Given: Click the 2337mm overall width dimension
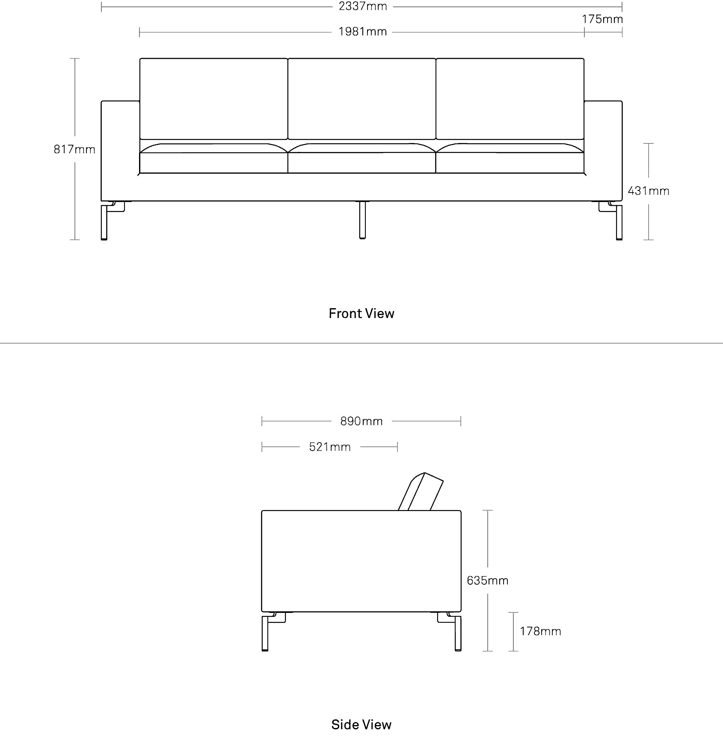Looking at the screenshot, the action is (x=363, y=6).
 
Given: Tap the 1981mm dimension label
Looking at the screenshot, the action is (x=363, y=32).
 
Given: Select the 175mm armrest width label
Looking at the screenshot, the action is (x=602, y=19).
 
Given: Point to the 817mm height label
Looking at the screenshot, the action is (x=74, y=149).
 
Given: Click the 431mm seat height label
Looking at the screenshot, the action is (x=649, y=190).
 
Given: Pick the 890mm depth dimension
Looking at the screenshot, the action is (x=361, y=421).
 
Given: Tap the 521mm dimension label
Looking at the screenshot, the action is (x=330, y=447).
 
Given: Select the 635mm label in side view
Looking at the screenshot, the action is (x=488, y=580).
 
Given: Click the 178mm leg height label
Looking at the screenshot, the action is (x=540, y=631).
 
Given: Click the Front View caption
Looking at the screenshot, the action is (x=361, y=313).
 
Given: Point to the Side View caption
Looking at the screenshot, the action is (x=361, y=725).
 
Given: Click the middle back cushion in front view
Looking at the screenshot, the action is (x=362, y=99).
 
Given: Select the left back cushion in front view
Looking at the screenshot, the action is (x=214, y=99).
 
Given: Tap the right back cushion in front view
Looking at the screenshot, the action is (x=510, y=99).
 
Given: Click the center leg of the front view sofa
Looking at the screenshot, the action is (x=362, y=220).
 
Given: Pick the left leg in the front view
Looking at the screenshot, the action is (x=104, y=222).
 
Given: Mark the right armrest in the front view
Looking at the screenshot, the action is (x=603, y=151).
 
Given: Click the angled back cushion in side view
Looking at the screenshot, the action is (x=421, y=492).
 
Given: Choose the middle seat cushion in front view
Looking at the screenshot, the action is (x=362, y=158).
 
